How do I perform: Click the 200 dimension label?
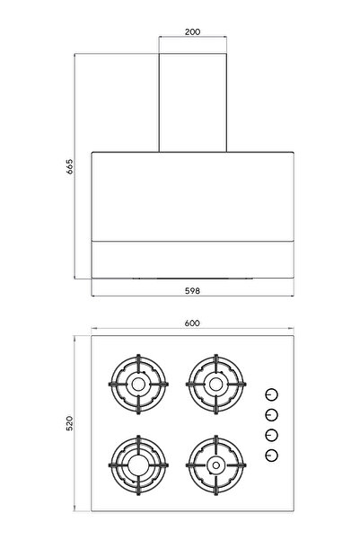[x=192, y=31]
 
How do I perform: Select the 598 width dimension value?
[x=192, y=291]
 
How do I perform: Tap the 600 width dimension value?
[x=192, y=323]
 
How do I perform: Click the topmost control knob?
[x=270, y=395]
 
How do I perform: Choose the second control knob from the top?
[x=270, y=415]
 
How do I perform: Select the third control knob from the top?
[x=270, y=436]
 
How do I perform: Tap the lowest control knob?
[x=270, y=456]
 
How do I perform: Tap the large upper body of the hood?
[x=192, y=193]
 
